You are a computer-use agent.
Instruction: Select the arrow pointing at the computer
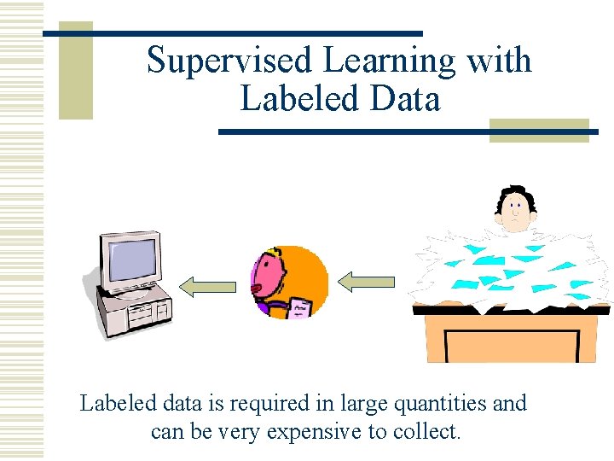point(208,286)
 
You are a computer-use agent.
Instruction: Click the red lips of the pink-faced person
point(257,289)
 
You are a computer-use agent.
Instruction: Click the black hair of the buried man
point(517,193)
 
